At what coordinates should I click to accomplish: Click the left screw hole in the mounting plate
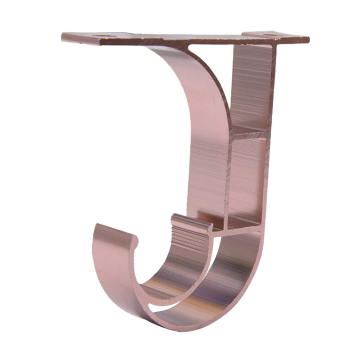pos(104,36)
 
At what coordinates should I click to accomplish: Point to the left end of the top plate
pos(64,36)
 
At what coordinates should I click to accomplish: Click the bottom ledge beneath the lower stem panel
pos(238,223)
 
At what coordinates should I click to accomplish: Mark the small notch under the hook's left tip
pos(135,245)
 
